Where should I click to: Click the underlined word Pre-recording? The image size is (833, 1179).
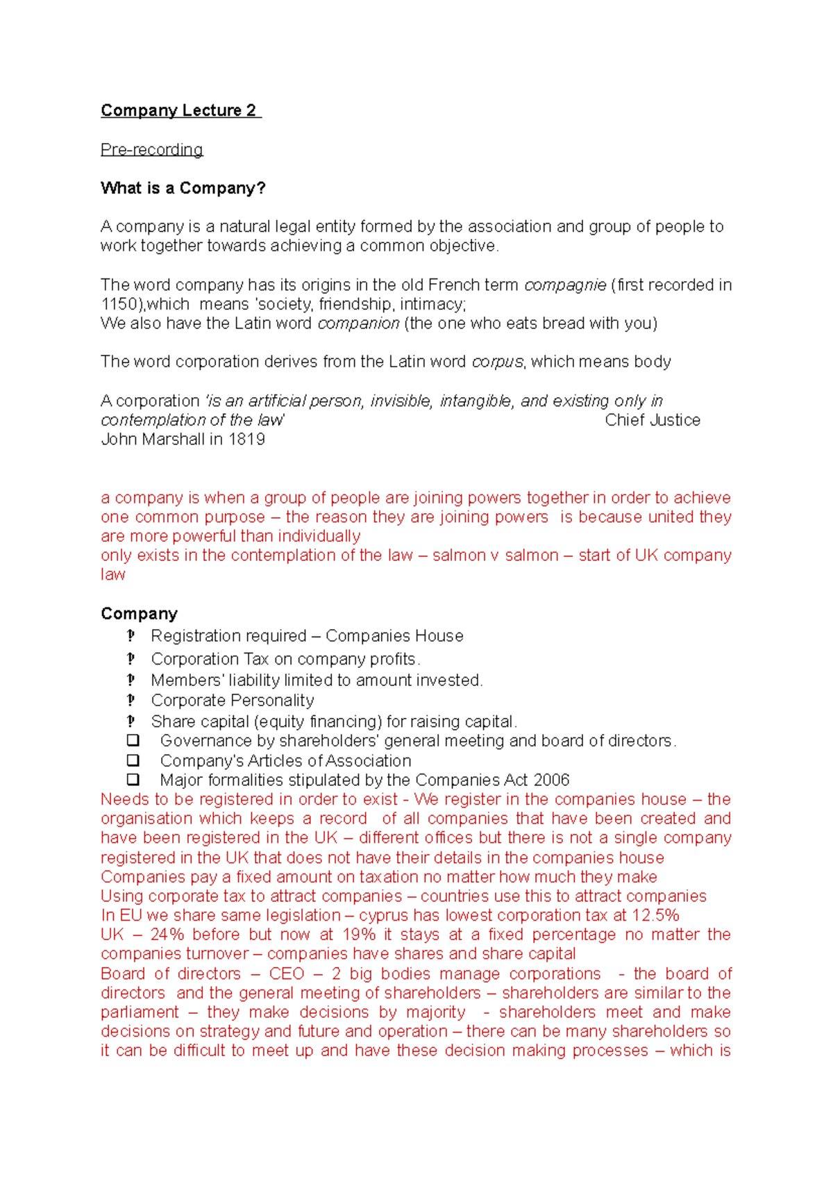[x=151, y=149]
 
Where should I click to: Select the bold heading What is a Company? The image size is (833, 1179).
[x=183, y=188]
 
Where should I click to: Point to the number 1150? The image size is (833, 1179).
[x=119, y=304]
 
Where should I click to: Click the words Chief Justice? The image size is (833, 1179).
[x=652, y=420]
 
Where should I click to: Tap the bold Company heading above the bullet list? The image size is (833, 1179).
[x=139, y=614]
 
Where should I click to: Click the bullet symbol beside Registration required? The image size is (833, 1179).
[x=131, y=635]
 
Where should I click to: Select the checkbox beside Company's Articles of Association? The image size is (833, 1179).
[x=133, y=760]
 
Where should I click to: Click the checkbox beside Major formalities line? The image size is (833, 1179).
[x=133, y=780]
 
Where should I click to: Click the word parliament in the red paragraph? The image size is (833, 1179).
[x=140, y=1012]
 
